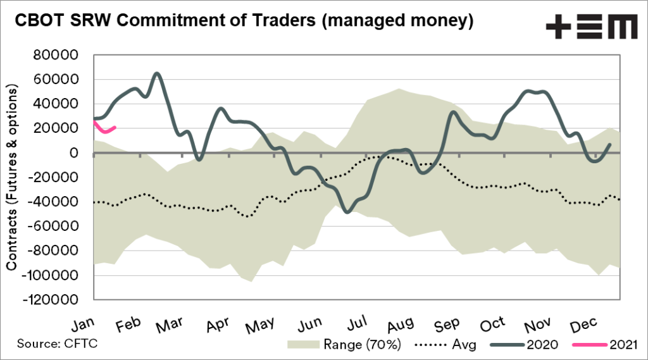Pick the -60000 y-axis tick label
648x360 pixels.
[56, 226]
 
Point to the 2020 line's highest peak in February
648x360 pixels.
[158, 73]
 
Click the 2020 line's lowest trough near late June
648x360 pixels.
[347, 211]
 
